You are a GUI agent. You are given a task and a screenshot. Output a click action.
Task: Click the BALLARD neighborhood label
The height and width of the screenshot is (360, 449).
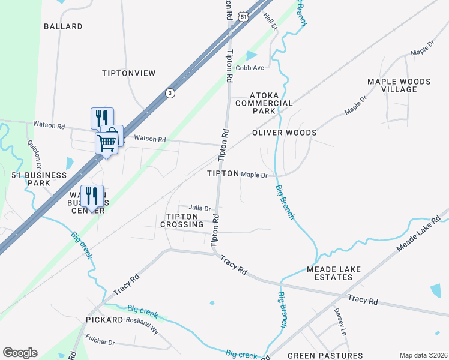tap(63, 26)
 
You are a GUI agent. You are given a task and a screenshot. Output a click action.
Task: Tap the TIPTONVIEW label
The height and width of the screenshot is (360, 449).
tap(128, 73)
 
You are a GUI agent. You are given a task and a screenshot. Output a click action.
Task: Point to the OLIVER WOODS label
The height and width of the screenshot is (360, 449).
tap(284, 133)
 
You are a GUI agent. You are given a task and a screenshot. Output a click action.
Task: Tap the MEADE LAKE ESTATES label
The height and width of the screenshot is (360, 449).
tap(334, 273)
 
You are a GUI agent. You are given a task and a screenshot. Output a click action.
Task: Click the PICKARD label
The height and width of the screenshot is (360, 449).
tap(104, 320)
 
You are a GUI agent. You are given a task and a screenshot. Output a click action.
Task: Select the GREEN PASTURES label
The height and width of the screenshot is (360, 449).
tap(325, 356)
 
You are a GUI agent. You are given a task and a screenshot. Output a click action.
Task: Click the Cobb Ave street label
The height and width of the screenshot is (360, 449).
tap(250, 68)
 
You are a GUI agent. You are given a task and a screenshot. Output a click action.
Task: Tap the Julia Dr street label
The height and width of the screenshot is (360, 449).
tap(200, 208)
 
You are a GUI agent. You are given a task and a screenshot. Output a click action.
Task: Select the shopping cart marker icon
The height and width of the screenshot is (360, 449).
tap(106, 143)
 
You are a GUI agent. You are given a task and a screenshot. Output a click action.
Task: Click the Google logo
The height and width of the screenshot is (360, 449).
tap(20, 353)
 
